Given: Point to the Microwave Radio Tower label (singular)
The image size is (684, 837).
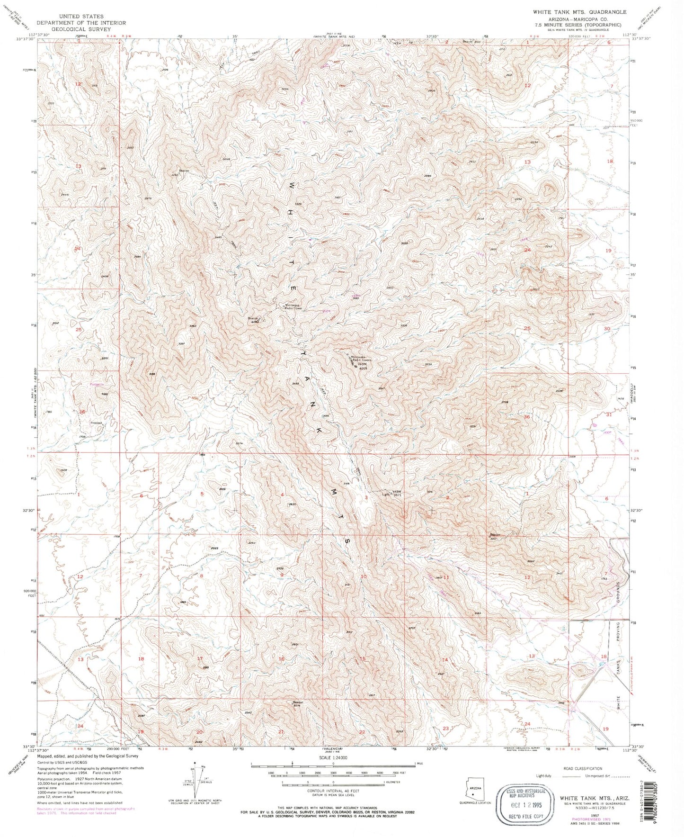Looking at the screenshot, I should [x=296, y=307].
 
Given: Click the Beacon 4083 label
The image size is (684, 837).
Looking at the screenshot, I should [x=253, y=320].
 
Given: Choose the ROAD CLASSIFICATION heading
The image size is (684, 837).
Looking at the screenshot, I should [x=583, y=768].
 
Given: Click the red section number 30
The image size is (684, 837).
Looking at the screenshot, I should [x=607, y=328].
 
